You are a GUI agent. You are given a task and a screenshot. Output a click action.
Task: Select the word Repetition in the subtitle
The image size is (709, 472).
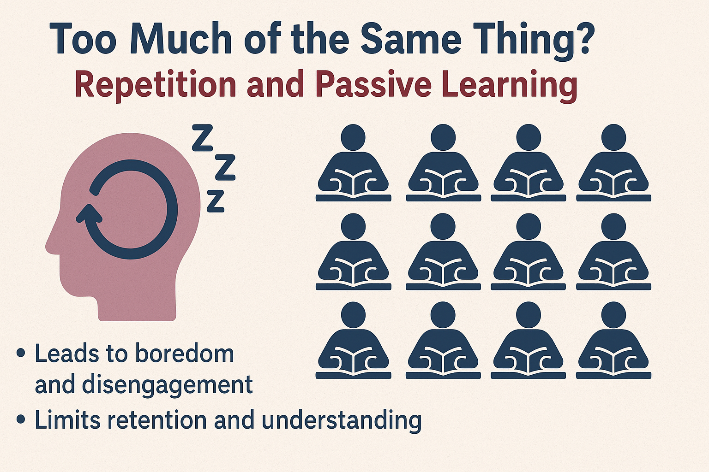click(155, 85)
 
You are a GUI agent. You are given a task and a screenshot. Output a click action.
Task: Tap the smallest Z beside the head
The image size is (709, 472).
click(215, 201)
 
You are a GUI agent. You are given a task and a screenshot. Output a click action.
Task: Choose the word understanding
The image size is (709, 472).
click(342, 421)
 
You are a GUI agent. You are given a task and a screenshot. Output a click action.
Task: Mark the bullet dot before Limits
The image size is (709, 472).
click(20, 419)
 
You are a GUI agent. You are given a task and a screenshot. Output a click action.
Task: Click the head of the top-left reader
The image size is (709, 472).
click(353, 137)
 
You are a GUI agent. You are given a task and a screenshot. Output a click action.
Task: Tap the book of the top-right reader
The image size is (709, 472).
click(613, 181)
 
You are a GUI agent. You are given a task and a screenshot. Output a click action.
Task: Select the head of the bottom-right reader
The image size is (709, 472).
click(613, 314)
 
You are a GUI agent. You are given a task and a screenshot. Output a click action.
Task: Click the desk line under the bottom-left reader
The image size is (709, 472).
click(353, 376)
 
